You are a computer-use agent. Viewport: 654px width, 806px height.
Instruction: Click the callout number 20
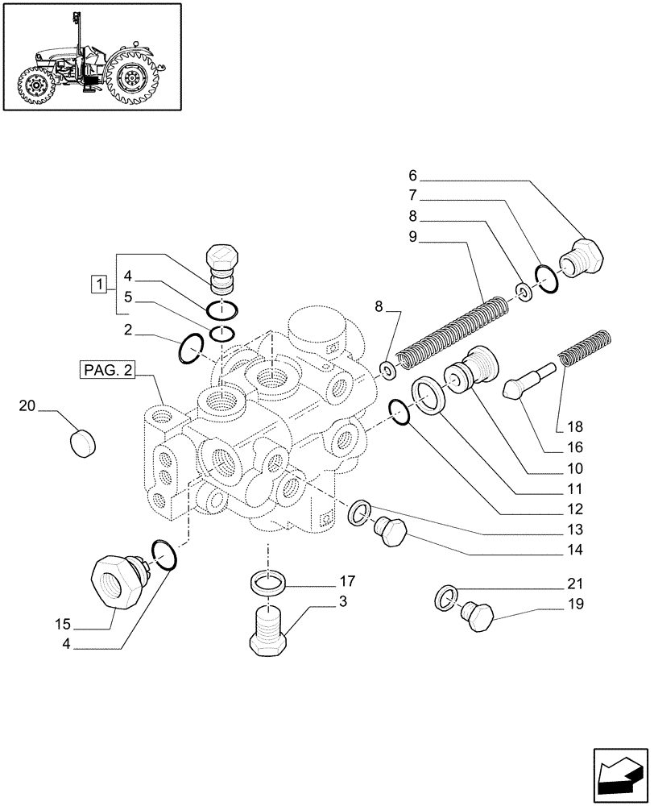pyautogui.click(x=27, y=407)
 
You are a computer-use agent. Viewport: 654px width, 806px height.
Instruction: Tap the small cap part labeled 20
pyautogui.click(x=83, y=442)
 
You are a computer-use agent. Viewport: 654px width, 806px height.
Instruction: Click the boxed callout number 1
pyautogui.click(x=99, y=284)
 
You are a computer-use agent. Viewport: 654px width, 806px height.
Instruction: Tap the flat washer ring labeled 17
pyautogui.click(x=267, y=582)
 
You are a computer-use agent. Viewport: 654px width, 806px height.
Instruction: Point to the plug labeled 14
pyautogui.click(x=391, y=533)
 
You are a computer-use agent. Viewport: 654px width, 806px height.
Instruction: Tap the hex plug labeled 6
pyautogui.click(x=584, y=256)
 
